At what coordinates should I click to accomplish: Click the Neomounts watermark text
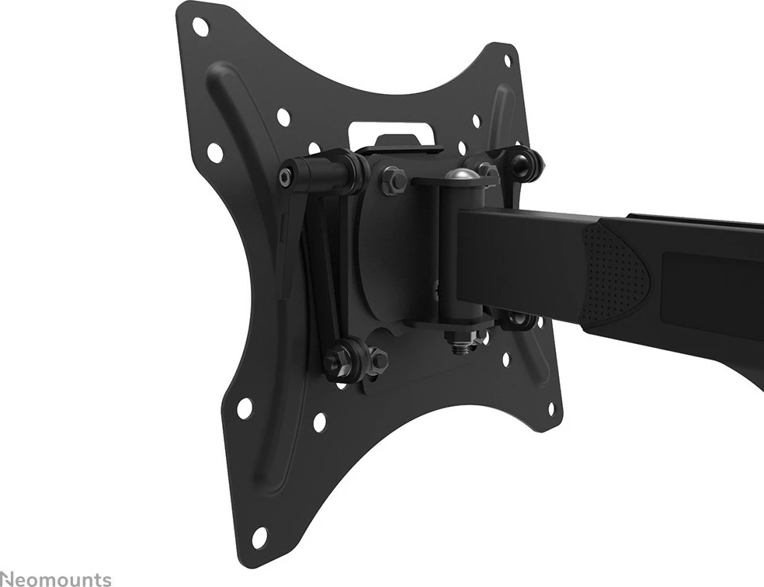point(55,578)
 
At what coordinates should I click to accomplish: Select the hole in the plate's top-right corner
point(508,60)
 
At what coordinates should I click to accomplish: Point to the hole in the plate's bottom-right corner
point(552,407)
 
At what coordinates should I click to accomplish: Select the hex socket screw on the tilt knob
point(286,178)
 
